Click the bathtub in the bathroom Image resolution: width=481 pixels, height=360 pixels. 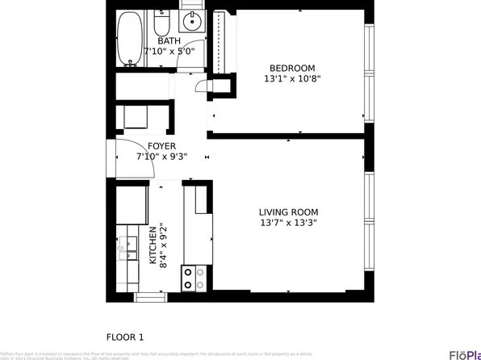pos(128,39)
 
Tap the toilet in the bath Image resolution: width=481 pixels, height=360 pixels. pos(159,23)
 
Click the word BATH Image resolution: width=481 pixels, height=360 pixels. pos(169,41)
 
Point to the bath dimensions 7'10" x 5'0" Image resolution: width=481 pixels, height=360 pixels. pos(169,52)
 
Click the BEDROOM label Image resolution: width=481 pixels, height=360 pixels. pos(291,68)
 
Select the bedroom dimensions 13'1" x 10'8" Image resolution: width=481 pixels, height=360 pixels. pos(291,79)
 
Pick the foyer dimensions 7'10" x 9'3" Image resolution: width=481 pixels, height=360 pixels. pos(162,157)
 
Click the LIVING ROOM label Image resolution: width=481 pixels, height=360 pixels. pos(287,211)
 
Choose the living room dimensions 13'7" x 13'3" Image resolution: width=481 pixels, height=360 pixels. pos(287,223)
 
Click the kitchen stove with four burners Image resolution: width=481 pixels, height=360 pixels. pos(194,278)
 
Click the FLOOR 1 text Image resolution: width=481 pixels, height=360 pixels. pos(125,337)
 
